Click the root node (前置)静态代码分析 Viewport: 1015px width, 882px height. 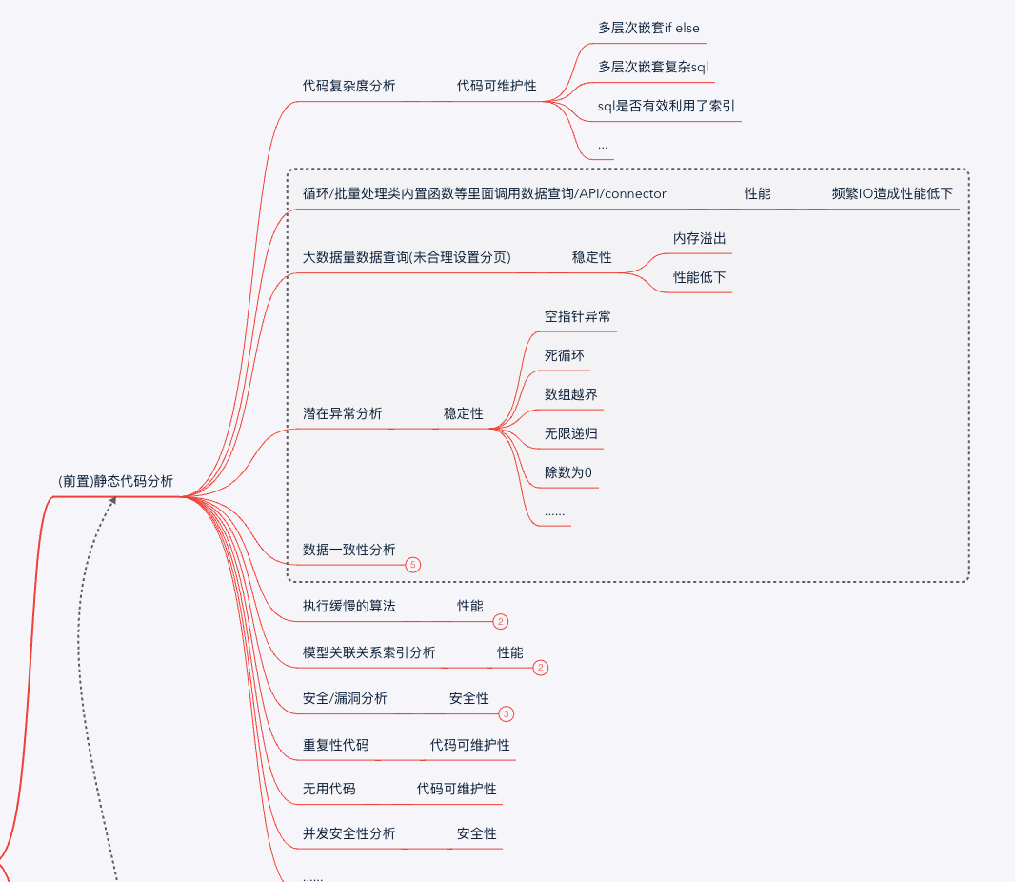click(x=115, y=481)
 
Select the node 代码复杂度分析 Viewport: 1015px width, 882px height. click(x=348, y=86)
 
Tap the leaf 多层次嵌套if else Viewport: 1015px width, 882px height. click(x=648, y=28)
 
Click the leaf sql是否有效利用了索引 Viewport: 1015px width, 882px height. click(x=666, y=106)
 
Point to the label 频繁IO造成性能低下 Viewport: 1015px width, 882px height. click(x=892, y=193)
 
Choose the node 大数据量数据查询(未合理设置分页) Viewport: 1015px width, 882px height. click(x=407, y=257)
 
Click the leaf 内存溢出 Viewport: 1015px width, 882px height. click(x=700, y=238)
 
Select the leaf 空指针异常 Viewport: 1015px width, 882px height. click(x=577, y=316)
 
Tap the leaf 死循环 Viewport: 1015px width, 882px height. click(x=565, y=355)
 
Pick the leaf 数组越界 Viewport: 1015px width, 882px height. click(x=571, y=394)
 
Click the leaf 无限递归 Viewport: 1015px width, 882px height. click(x=571, y=433)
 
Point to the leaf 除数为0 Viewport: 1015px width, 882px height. click(x=568, y=472)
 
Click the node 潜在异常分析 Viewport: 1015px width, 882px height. click(x=342, y=413)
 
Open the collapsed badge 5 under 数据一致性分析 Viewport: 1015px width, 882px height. click(x=412, y=565)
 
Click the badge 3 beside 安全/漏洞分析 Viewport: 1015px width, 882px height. click(x=506, y=713)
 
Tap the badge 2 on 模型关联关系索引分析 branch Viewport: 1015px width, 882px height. click(x=541, y=668)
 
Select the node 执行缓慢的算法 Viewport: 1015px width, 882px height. click(x=348, y=606)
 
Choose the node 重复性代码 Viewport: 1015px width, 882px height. click(x=335, y=745)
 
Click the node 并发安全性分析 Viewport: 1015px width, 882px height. click(x=348, y=833)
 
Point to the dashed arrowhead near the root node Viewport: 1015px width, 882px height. click(x=113, y=500)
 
